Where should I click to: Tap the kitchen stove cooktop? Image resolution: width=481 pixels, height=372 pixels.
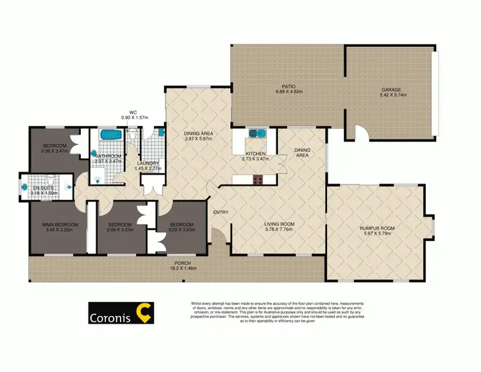coord(259,180)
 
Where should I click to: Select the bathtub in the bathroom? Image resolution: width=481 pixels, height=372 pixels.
coord(112,136)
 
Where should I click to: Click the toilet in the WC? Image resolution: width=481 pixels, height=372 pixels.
coord(132,134)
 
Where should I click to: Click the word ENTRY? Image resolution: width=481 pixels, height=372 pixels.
coord(221,213)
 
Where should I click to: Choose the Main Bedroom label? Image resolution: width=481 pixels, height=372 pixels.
coord(60,224)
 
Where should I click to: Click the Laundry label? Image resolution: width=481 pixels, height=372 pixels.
coord(148,163)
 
